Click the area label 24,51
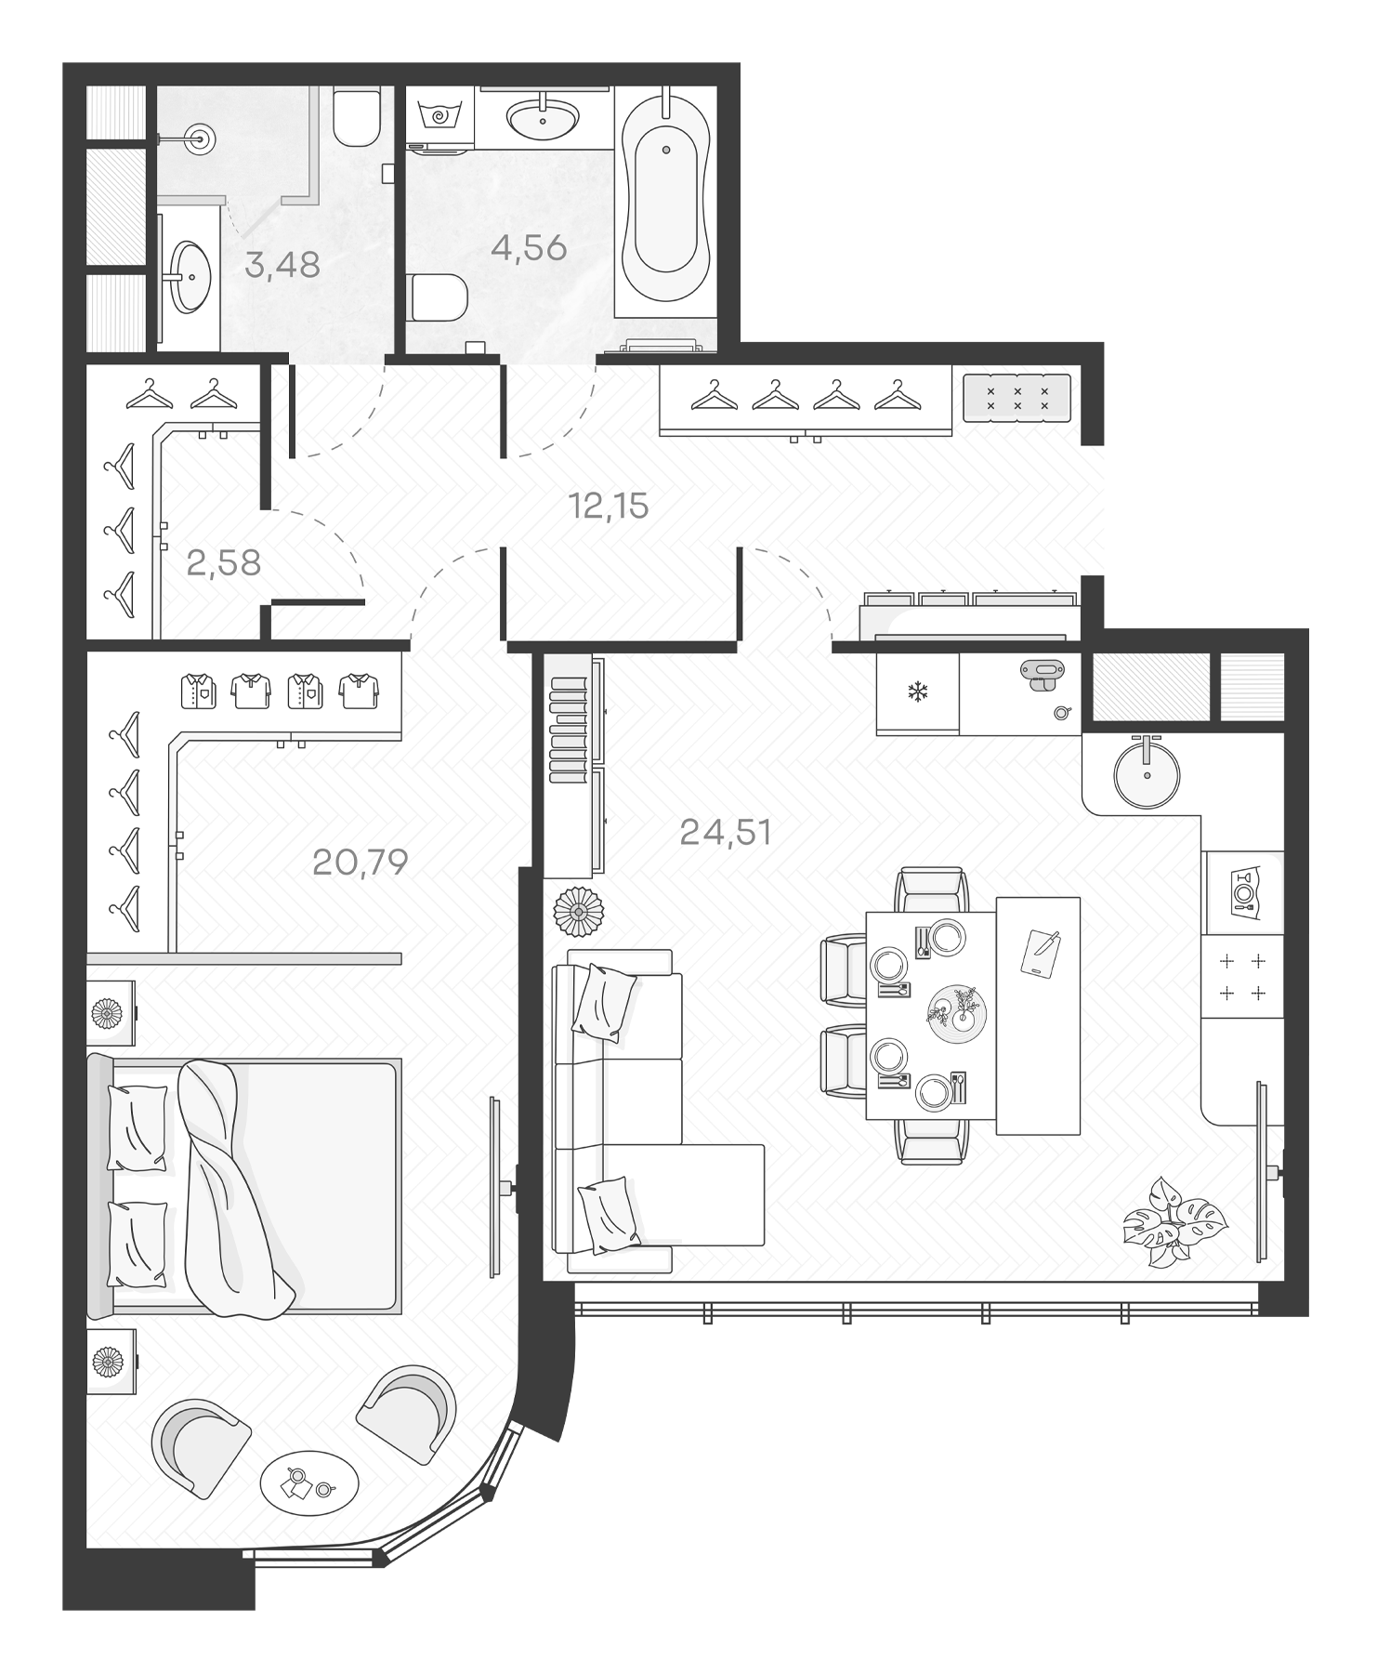726,833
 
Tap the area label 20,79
361,863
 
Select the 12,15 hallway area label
609,507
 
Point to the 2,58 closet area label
223,563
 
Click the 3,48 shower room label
282,266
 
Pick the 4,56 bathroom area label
529,248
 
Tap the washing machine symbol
440,117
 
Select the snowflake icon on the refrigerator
918,692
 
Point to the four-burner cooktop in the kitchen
1242,977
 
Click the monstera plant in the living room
1173,1222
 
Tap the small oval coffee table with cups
309,1484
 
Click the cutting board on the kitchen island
1040,953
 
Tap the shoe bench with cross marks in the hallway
1016,399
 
